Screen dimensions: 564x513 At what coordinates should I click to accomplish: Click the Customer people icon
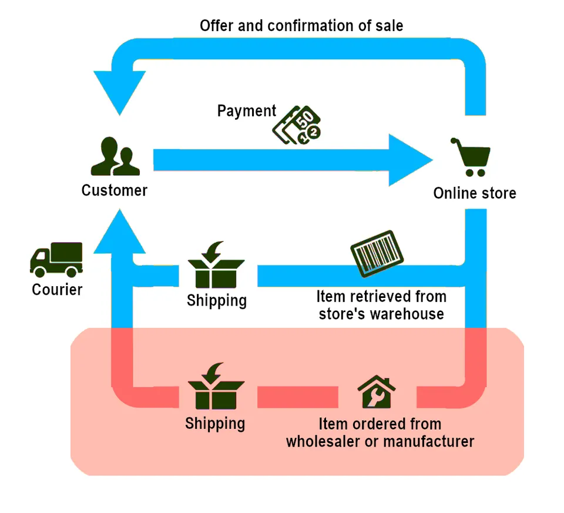click(x=115, y=156)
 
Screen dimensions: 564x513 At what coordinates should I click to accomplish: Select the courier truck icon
click(x=56, y=260)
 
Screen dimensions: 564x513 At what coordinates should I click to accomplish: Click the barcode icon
click(x=377, y=254)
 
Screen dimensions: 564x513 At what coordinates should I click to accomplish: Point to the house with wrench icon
click(x=377, y=391)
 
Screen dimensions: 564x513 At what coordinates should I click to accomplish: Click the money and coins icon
click(x=297, y=125)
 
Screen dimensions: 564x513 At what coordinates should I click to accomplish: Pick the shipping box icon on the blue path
click(x=216, y=265)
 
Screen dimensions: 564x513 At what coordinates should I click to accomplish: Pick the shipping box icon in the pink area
click(x=216, y=386)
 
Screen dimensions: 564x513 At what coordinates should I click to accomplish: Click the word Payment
click(x=247, y=111)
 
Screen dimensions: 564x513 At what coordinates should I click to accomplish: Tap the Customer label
click(x=115, y=190)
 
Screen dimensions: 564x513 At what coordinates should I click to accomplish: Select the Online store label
click(x=475, y=193)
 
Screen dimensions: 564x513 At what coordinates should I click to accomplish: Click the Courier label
click(x=57, y=290)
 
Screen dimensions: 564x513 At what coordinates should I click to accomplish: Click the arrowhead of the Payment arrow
click(x=411, y=160)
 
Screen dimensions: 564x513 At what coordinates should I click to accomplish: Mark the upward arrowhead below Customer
click(x=120, y=232)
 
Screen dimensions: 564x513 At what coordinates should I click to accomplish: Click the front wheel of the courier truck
click(x=39, y=271)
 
